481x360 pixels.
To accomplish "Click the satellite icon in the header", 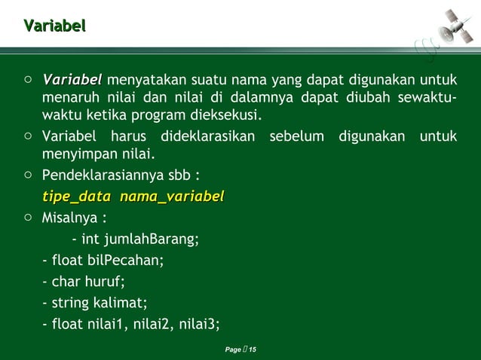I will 456,26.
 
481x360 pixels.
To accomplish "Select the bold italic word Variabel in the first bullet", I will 72,80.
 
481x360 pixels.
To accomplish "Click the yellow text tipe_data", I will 76,197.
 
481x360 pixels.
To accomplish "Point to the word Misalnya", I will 72,218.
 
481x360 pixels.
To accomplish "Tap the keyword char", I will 66,282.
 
